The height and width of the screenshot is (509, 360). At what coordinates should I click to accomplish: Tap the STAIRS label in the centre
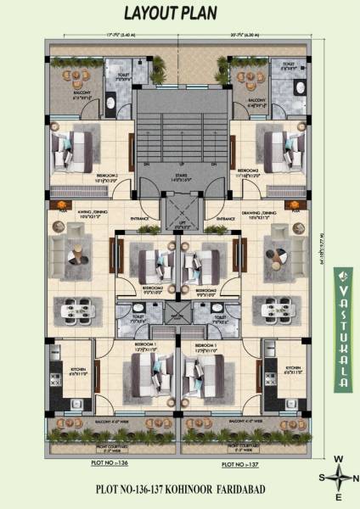point(179,176)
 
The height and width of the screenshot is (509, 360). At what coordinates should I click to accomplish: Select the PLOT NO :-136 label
point(108,464)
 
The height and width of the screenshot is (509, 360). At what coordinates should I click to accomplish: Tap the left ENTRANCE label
point(137,218)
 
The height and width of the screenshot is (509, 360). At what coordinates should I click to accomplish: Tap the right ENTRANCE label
point(225,218)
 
